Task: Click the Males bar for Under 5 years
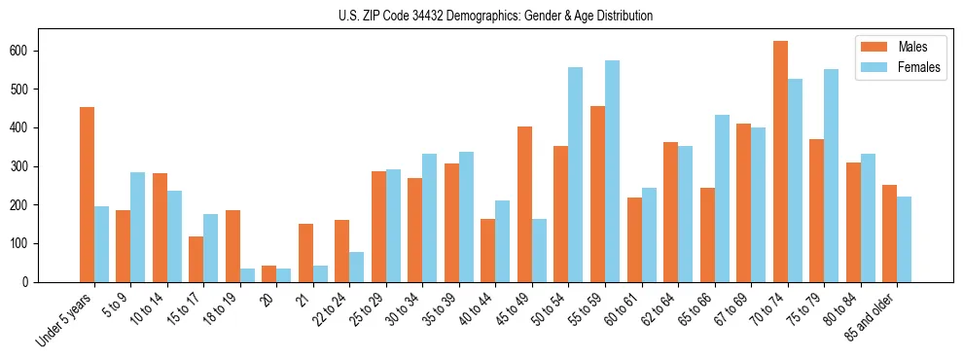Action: click(87, 195)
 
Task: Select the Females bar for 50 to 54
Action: click(576, 175)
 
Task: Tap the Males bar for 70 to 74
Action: click(780, 162)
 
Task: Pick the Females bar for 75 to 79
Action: click(831, 176)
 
